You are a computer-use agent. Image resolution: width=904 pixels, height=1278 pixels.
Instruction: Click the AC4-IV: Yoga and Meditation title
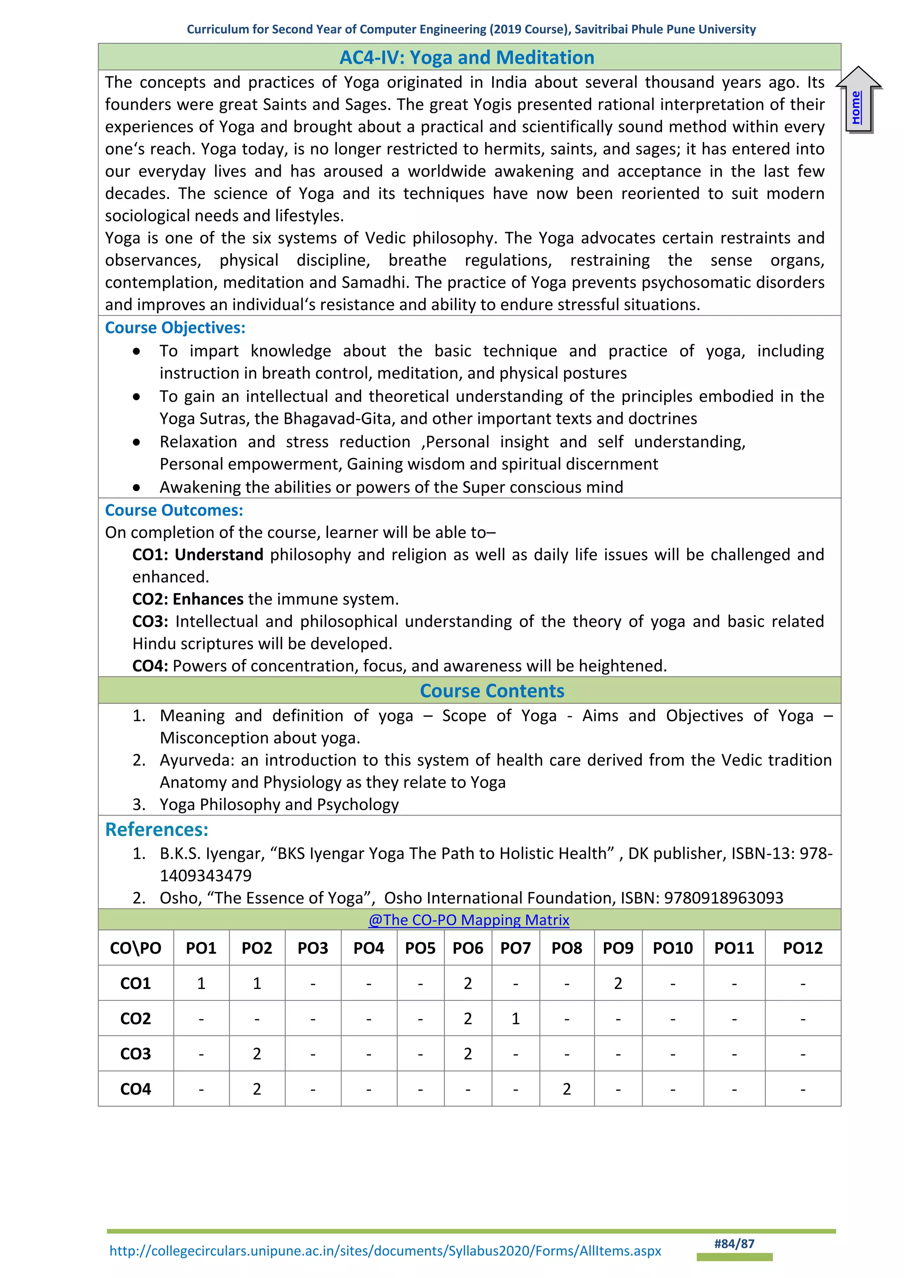[x=467, y=57]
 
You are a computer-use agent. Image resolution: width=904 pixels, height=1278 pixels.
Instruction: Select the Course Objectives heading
[x=175, y=328]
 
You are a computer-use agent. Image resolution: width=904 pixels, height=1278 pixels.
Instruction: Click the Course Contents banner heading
[x=492, y=691]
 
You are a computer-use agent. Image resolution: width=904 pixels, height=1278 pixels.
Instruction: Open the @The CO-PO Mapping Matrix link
[x=468, y=920]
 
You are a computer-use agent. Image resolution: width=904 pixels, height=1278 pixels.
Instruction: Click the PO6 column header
[x=467, y=948]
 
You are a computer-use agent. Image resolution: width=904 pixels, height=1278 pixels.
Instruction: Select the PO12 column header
[x=802, y=948]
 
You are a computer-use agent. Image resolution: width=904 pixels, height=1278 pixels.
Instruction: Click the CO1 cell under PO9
[x=618, y=984]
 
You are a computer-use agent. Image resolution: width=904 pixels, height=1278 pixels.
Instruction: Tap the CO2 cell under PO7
[x=516, y=1019]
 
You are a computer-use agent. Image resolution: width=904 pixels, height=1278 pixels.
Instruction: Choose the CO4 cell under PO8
[x=567, y=1089]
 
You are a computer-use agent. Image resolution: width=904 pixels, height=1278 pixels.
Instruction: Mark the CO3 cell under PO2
[x=256, y=1054]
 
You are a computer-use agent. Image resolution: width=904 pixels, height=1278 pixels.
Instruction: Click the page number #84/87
[x=734, y=1244]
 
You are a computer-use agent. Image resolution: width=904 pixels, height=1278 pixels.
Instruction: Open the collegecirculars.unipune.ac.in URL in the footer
[x=385, y=1251]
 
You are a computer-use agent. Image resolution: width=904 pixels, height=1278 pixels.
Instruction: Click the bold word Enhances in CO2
[x=207, y=599]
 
